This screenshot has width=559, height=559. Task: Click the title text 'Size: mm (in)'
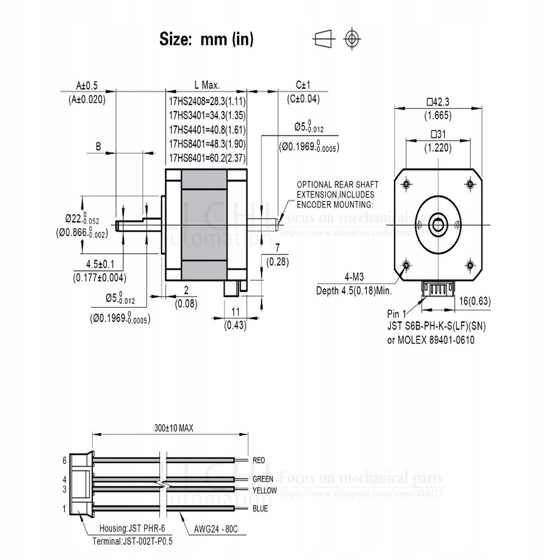tap(206, 39)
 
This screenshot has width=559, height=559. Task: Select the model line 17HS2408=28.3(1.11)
tap(207, 101)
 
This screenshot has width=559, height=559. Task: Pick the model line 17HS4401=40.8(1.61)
tap(207, 130)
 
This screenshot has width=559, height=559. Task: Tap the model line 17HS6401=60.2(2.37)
tap(207, 159)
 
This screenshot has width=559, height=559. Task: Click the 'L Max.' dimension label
tap(207, 85)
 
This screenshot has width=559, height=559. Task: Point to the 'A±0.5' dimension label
tap(87, 85)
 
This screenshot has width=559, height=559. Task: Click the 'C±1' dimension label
tap(303, 85)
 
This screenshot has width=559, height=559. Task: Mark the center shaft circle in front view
tap(437, 224)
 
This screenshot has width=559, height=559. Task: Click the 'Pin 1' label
tap(397, 314)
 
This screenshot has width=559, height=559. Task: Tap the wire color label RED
tap(259, 460)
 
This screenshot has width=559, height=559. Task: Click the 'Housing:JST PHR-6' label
tap(132, 529)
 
